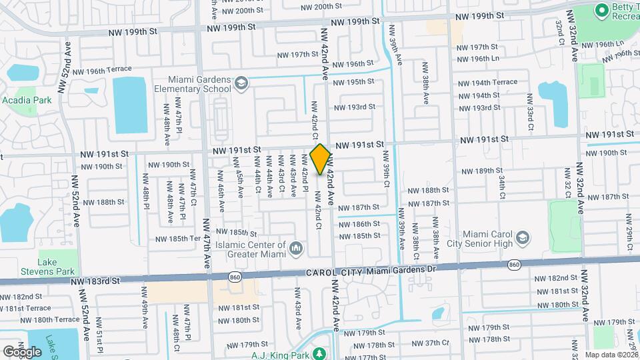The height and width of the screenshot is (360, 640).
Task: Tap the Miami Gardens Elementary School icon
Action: (x=241, y=83)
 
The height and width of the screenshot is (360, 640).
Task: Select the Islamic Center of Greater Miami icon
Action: (x=297, y=250)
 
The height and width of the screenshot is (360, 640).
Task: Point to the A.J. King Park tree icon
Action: (x=319, y=353)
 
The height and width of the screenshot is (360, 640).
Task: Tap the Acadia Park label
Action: (x=27, y=100)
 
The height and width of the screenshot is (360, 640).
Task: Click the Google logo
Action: (x=22, y=351)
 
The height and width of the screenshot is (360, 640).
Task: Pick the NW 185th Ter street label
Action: (x=177, y=238)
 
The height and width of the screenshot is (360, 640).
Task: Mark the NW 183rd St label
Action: (x=97, y=281)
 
